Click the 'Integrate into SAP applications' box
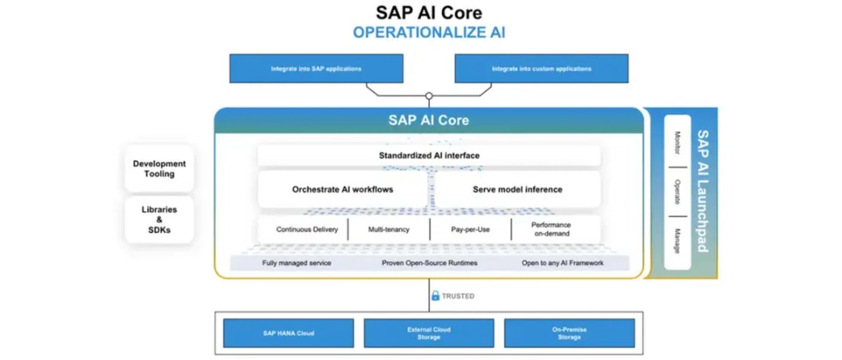pos(316,69)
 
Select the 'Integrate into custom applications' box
pos(541,69)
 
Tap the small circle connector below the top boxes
pos(429,96)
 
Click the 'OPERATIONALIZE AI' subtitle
pos(429,33)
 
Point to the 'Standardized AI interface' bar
pos(429,155)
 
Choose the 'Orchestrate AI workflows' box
pos(342,189)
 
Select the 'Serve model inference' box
pos(517,189)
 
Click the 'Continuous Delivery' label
pos(307,229)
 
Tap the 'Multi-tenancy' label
pos(388,229)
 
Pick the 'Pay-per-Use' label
pos(470,229)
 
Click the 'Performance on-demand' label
pos(550,229)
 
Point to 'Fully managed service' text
pos(296,263)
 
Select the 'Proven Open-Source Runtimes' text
pos(429,263)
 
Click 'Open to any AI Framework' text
pos(563,263)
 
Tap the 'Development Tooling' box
pos(159,169)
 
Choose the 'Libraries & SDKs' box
pos(159,220)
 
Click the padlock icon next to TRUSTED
pos(435,296)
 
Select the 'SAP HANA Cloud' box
pos(288,333)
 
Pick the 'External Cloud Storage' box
pos(429,333)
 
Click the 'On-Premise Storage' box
pos(569,333)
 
